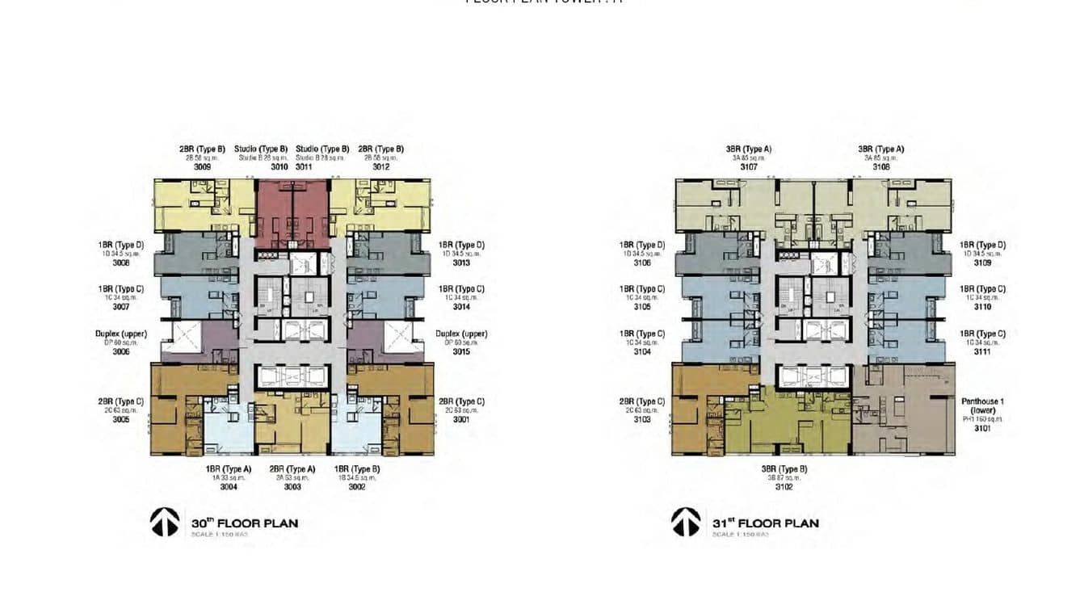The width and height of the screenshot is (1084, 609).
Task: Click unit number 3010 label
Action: click(279, 167)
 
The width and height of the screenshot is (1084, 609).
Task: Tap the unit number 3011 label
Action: click(304, 167)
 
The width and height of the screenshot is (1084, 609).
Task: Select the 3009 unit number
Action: click(202, 167)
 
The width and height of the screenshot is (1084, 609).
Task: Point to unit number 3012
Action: click(380, 167)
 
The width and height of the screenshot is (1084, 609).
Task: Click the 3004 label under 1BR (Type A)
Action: click(229, 487)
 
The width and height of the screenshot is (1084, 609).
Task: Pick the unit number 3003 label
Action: click(292, 487)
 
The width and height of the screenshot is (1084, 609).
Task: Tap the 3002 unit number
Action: click(356, 487)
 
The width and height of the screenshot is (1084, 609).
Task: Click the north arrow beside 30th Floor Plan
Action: click(164, 522)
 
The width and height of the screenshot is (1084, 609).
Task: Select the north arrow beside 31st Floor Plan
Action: click(686, 522)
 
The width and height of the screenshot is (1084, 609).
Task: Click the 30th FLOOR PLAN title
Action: click(245, 523)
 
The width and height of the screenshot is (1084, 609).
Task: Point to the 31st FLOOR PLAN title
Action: click(766, 523)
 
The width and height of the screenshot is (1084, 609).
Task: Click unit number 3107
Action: click(748, 167)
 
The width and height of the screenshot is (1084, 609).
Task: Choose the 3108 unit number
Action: click(880, 167)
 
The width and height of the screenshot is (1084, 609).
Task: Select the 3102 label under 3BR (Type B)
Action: click(784, 487)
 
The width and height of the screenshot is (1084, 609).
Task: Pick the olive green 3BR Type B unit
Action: click(775, 424)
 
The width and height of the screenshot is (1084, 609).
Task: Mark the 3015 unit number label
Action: click(461, 351)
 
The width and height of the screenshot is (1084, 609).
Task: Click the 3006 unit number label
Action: click(121, 351)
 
